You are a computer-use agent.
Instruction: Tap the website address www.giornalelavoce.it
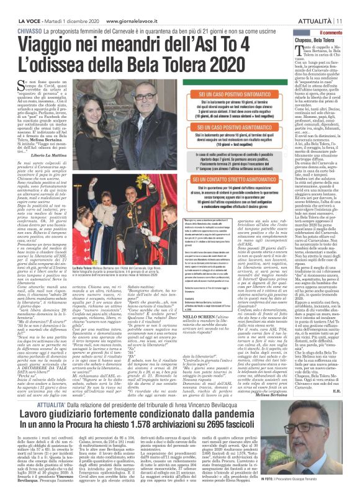point(130,6)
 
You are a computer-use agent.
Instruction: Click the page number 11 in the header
point(339,6)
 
